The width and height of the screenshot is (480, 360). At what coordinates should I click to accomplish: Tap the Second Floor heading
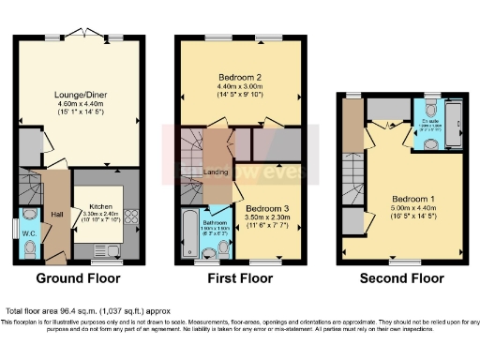[401, 278]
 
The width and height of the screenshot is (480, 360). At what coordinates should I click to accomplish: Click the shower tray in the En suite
[454, 123]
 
